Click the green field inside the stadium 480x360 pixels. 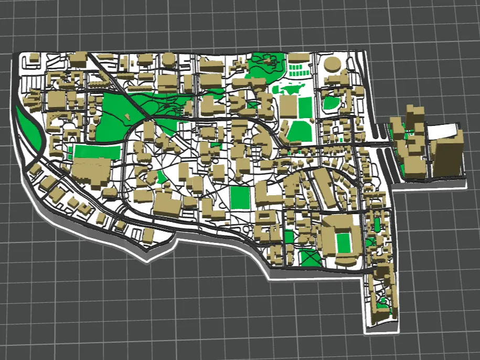point(344,242)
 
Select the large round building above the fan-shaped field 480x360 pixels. point(332,65)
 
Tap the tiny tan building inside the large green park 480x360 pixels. point(127,115)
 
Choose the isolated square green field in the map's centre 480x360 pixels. point(240,197)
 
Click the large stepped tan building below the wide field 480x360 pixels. point(92,173)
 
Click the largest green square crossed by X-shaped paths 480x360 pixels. point(310,258)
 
